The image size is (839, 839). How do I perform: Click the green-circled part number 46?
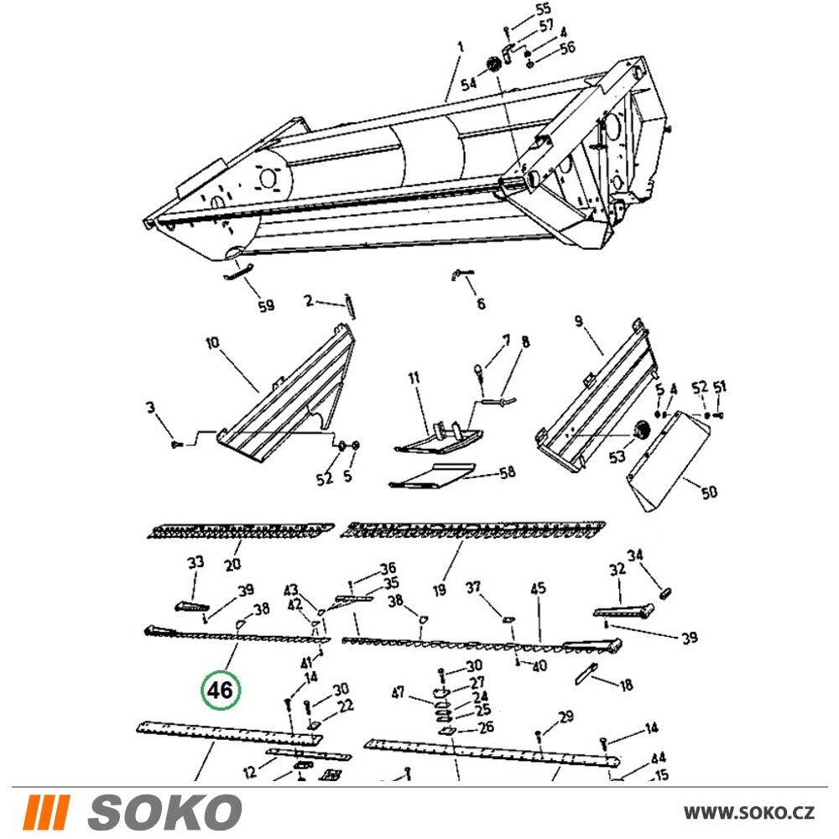coord(221,690)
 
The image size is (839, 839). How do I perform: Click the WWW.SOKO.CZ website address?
coord(749,813)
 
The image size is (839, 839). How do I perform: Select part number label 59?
coord(267,305)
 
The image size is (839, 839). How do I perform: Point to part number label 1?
coord(460,48)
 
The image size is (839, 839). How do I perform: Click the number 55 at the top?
coord(543,9)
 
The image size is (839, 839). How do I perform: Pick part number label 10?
coord(212,342)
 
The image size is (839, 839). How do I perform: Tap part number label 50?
coord(709,492)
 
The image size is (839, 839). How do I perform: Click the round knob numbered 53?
coord(640,430)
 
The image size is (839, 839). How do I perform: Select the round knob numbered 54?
coord(492,65)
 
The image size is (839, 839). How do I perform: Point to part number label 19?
coord(440,590)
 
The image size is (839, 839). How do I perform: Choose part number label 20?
coord(232,564)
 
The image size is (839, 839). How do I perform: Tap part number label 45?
coord(538,588)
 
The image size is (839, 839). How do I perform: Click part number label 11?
coord(414,378)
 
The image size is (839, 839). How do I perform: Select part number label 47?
coord(398,693)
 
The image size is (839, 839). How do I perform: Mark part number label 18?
coord(626,685)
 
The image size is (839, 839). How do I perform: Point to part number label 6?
coord(481,304)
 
